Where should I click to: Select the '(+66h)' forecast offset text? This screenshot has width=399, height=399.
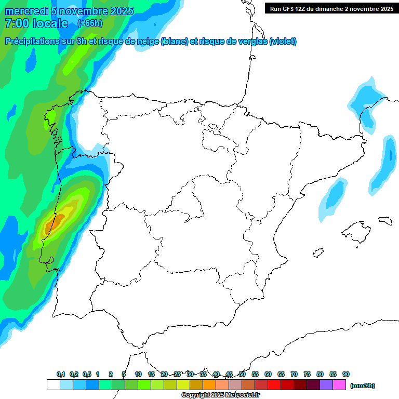point(90,23)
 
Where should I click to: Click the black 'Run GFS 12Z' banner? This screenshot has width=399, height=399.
point(331,8)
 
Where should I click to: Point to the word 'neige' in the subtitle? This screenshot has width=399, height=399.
point(147,42)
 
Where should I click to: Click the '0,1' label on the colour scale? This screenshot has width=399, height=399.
point(61,374)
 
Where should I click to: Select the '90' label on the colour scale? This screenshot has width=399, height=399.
point(346,374)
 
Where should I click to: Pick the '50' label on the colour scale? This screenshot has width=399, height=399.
point(242,374)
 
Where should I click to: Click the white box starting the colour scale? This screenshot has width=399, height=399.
point(53,384)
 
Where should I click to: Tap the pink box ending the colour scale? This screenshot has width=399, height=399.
point(339,384)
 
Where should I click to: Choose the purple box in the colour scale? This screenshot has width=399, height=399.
point(326,384)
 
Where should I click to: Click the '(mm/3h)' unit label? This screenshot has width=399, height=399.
point(362,385)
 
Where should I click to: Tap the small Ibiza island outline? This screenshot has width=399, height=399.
point(317,253)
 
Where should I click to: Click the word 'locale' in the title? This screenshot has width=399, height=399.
point(50,23)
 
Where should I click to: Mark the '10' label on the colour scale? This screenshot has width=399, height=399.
point(138,374)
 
